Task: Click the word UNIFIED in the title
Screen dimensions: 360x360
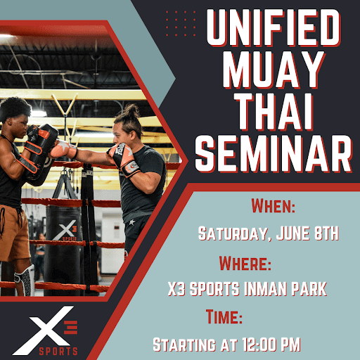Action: click(x=274, y=27)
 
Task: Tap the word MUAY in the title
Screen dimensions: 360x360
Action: click(x=274, y=70)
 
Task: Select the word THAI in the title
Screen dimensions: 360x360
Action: click(x=275, y=112)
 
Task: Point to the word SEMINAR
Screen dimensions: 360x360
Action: click(x=274, y=154)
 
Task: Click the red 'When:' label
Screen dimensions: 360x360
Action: click(x=274, y=205)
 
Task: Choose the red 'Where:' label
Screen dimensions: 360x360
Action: click(x=245, y=263)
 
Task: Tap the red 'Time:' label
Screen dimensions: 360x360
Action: click(x=224, y=316)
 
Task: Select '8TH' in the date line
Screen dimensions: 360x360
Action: click(x=326, y=233)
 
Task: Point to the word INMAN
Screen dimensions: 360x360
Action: click(x=266, y=288)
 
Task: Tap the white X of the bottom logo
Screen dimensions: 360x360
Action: click(x=44, y=330)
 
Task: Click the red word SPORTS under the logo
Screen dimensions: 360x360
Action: click(x=58, y=352)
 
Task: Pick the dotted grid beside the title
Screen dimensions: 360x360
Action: click(x=181, y=23)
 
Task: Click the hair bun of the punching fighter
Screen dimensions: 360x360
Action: click(x=132, y=110)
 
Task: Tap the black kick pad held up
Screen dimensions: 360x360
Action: click(x=42, y=153)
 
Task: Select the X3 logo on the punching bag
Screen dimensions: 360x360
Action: click(x=65, y=231)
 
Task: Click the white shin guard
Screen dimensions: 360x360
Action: click(x=25, y=280)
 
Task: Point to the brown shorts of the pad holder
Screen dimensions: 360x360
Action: click(x=13, y=233)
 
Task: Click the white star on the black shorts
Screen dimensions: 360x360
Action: click(x=132, y=222)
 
